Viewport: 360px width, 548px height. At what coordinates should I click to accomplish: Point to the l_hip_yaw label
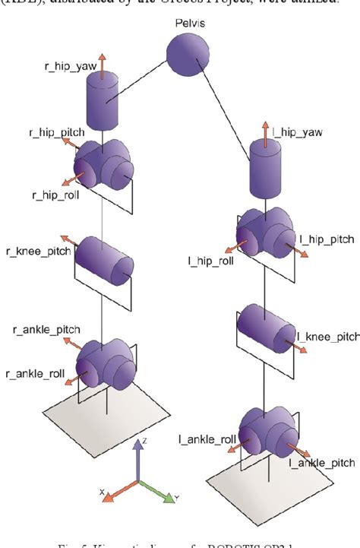click(298, 132)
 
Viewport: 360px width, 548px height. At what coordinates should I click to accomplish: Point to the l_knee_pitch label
click(328, 335)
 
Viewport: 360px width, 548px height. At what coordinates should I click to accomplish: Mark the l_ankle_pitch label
click(321, 462)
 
